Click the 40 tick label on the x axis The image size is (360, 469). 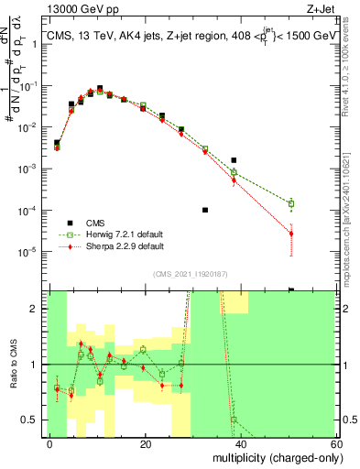tap(241, 444)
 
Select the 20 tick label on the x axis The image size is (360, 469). tap(146, 444)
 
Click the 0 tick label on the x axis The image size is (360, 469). tap(50, 444)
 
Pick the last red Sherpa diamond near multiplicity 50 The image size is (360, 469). tap(291, 234)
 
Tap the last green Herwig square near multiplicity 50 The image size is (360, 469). tap(291, 203)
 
